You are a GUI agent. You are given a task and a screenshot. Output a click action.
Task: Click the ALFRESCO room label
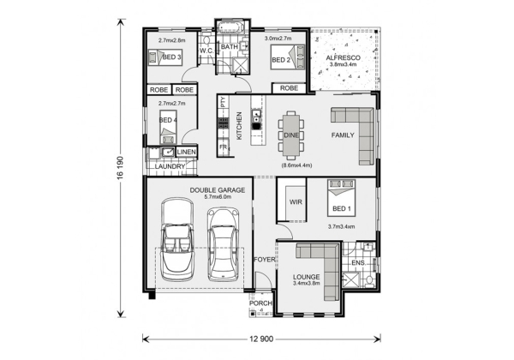[343, 58]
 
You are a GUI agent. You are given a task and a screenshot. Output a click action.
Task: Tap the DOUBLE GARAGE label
[218, 190]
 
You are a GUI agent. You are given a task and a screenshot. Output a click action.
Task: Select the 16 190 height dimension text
[121, 167]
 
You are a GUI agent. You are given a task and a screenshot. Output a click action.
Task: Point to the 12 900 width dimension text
[261, 339]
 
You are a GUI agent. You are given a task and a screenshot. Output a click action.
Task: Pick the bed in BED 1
[341, 198]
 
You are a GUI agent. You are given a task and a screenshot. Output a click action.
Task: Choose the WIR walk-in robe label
[296, 202]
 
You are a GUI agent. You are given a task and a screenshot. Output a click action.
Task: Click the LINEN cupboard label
[187, 152]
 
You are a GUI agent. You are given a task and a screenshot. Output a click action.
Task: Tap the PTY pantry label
[224, 102]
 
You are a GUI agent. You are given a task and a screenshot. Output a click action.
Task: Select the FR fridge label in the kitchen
[224, 147]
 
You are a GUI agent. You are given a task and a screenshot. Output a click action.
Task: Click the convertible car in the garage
[177, 239]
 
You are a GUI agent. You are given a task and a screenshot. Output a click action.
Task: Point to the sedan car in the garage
[224, 244]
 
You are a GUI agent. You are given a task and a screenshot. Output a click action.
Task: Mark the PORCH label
[260, 303]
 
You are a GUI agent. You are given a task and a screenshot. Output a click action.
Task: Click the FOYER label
[265, 260]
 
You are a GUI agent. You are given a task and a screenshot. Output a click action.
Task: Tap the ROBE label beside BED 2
[290, 88]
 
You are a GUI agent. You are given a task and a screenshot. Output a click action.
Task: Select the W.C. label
[206, 51]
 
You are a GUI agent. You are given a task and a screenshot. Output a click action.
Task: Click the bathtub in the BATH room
[230, 27]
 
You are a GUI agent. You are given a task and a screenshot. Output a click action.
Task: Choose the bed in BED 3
[165, 57]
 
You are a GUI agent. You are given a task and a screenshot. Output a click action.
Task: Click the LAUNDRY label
[170, 166]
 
